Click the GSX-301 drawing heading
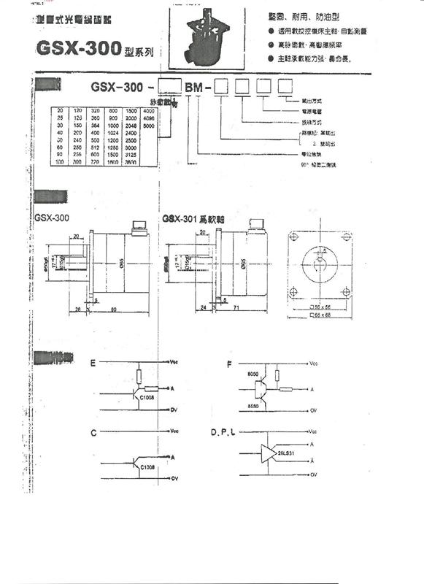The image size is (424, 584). coord(191,218)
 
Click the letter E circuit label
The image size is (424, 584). coord(93,363)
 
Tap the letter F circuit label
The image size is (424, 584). coord(231,362)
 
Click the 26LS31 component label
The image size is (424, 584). coord(286,453)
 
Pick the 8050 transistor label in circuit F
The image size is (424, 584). coord(253,374)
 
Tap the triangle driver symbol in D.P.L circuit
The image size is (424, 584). coord(265,453)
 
